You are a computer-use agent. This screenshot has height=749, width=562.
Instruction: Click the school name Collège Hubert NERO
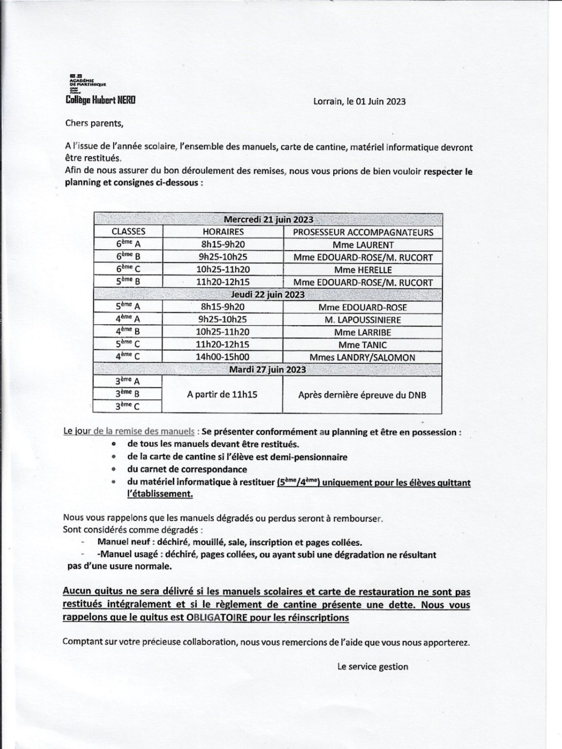coord(100,100)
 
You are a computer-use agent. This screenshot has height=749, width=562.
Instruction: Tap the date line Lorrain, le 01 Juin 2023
coord(359,101)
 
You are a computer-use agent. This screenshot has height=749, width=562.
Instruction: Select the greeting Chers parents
coord(95,123)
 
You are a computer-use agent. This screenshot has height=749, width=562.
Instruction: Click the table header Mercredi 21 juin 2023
coord(268,219)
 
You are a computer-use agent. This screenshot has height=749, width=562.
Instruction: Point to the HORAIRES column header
coord(223,232)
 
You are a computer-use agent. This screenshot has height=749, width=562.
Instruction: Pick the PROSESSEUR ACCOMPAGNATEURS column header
coord(363,233)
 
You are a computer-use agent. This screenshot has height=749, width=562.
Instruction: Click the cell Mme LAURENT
coord(363,245)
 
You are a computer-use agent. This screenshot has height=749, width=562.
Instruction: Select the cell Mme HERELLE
coord(363,270)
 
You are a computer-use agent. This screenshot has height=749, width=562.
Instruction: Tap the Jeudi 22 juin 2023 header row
coord(268,295)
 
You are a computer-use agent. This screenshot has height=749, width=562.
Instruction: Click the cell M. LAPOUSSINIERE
coord(363,320)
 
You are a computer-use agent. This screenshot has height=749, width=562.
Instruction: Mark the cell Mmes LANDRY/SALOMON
coord(363,357)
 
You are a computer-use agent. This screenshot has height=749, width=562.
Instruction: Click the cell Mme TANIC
coord(363,345)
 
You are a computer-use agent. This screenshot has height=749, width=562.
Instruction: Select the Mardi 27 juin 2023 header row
coord(268,369)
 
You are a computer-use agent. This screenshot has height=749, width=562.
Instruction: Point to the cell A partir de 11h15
coord(222,394)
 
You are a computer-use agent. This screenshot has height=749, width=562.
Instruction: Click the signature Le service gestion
coord(373,667)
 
